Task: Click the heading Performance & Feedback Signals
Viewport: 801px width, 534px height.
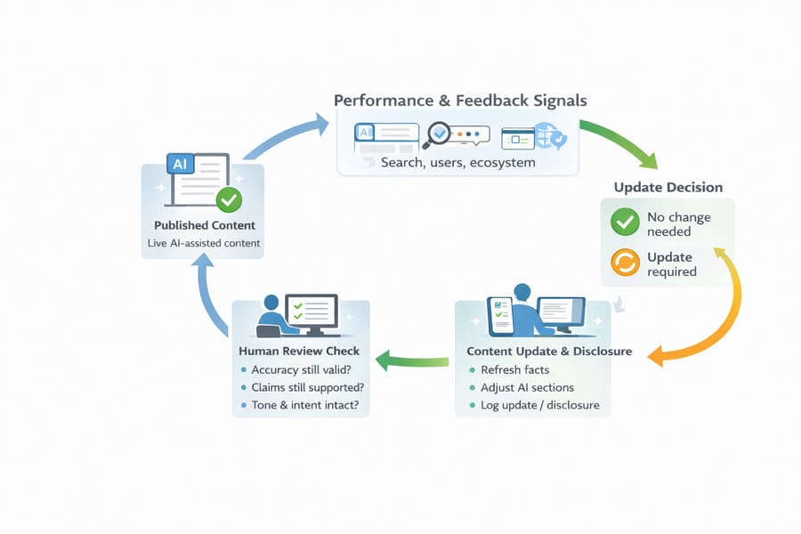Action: [459, 101]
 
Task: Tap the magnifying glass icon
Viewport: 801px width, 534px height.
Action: [439, 135]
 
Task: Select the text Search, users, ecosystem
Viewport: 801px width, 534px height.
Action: [457, 162]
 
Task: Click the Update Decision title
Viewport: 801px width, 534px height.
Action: [667, 188]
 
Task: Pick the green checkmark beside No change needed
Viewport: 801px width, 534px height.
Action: [625, 222]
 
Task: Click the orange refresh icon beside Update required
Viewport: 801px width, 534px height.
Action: [625, 263]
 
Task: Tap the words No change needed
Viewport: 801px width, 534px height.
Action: [680, 223]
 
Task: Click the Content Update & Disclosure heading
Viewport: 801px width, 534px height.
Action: [549, 351]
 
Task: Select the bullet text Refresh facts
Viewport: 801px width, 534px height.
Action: [514, 370]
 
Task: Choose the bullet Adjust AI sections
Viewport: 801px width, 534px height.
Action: [527, 388]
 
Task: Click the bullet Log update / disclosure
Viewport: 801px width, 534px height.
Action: [539, 406]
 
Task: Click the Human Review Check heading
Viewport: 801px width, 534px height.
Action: [300, 351]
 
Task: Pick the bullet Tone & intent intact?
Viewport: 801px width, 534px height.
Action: [305, 406]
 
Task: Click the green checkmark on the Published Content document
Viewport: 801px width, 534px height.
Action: [230, 198]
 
